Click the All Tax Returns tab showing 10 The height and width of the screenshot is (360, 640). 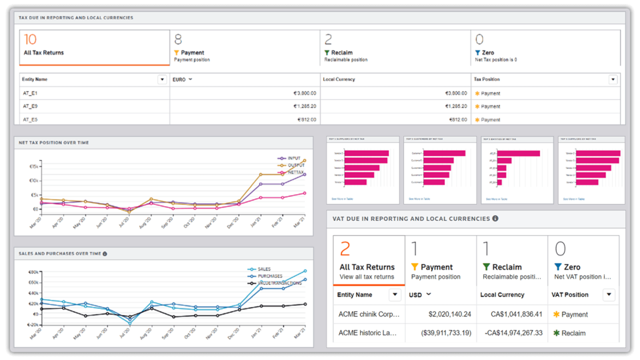tap(94, 47)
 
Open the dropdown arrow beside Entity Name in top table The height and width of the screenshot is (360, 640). tap(162, 79)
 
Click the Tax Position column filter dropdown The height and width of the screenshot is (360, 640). tap(613, 79)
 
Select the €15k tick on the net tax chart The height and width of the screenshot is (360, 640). tap(34, 166)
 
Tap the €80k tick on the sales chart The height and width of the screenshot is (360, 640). tap(34, 272)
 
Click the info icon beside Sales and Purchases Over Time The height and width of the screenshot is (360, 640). tap(104, 254)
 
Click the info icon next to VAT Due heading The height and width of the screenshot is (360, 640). tap(495, 218)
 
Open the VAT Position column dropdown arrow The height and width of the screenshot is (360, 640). tap(608, 294)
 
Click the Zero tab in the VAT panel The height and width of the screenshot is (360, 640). tap(583, 260)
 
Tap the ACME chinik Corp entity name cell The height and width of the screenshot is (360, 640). tap(369, 314)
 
